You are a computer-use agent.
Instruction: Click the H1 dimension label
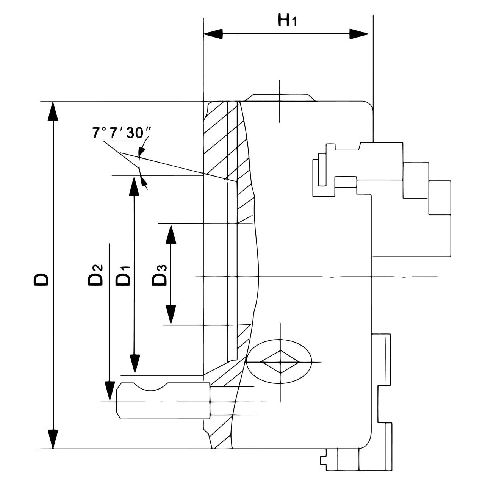287,21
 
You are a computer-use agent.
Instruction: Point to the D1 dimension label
124,275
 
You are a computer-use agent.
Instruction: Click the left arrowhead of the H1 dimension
212,34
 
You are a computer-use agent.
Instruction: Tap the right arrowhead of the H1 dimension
359,34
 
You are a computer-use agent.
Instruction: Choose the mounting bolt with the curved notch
163,401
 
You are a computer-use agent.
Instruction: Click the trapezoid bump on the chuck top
280,98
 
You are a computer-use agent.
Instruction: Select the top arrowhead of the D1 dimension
133,186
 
